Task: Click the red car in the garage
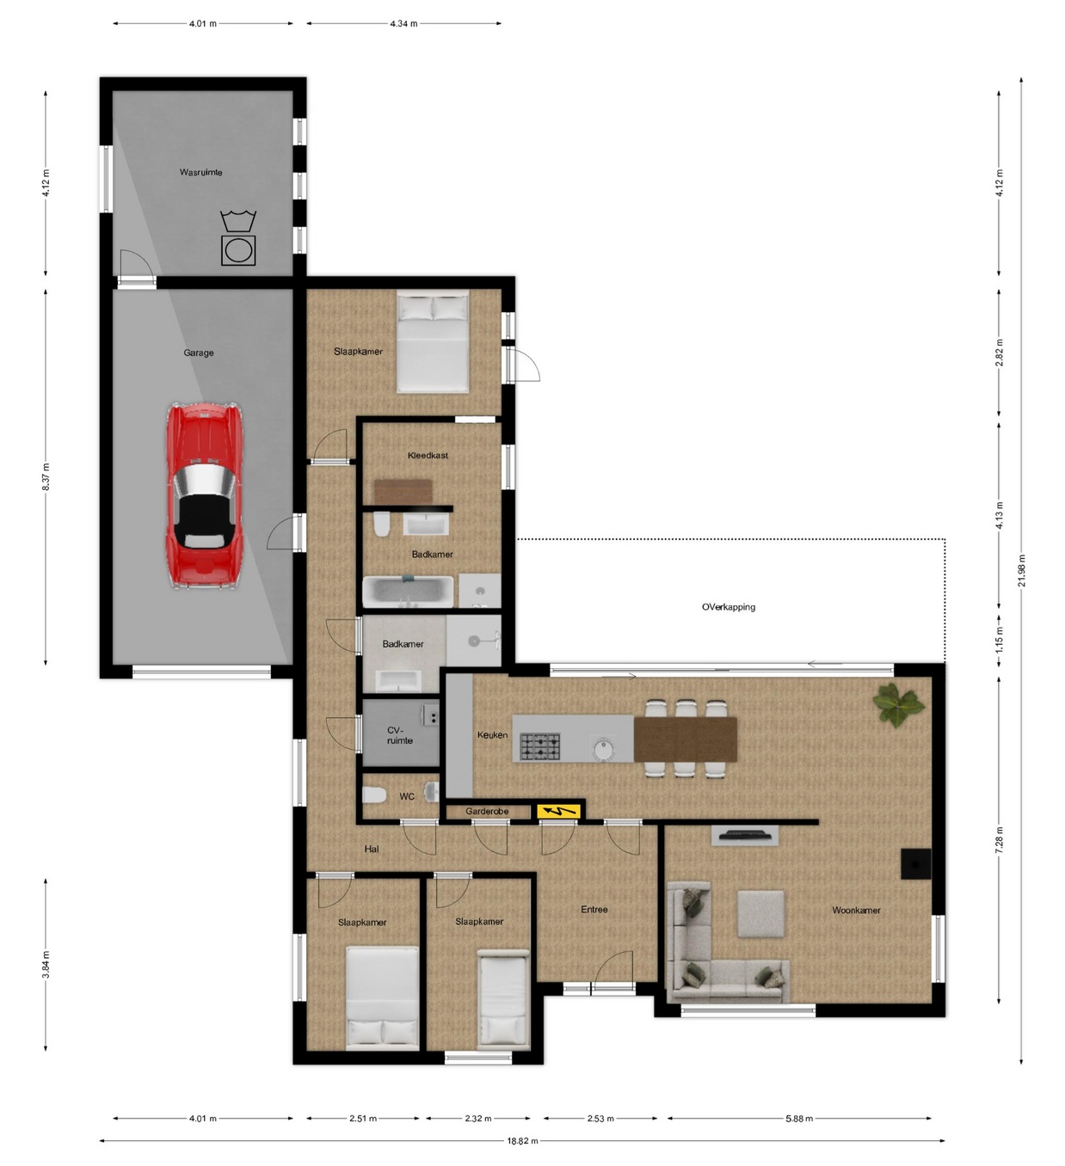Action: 205,495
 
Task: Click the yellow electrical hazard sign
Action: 558,810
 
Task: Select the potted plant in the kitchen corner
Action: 898,704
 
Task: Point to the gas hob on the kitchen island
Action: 539,747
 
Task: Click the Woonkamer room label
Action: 856,911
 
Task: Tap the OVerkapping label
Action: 729,607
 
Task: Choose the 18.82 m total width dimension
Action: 522,1140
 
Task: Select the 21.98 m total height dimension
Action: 1022,571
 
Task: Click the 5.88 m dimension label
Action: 798,1118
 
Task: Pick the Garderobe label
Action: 487,811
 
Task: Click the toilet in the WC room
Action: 374,795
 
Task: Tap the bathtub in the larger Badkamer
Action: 409,592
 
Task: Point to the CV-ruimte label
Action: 400,735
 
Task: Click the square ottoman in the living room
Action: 760,914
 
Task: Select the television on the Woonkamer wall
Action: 745,836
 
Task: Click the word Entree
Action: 594,910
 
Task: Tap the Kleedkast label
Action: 428,455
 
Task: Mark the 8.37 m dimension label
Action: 46,476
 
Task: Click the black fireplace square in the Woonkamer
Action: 915,863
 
